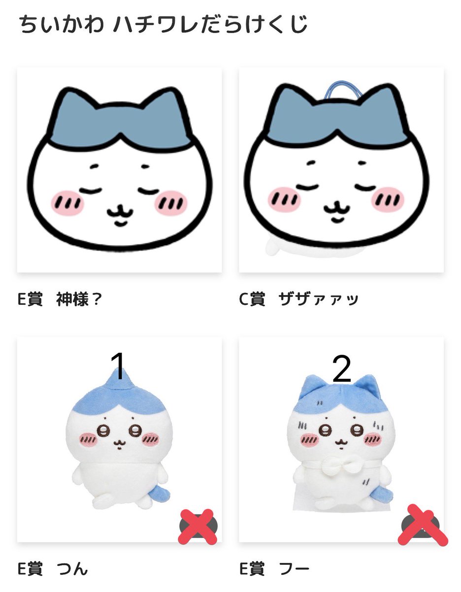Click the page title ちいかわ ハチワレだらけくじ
[x=163, y=25]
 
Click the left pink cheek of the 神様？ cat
[x=67, y=201]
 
